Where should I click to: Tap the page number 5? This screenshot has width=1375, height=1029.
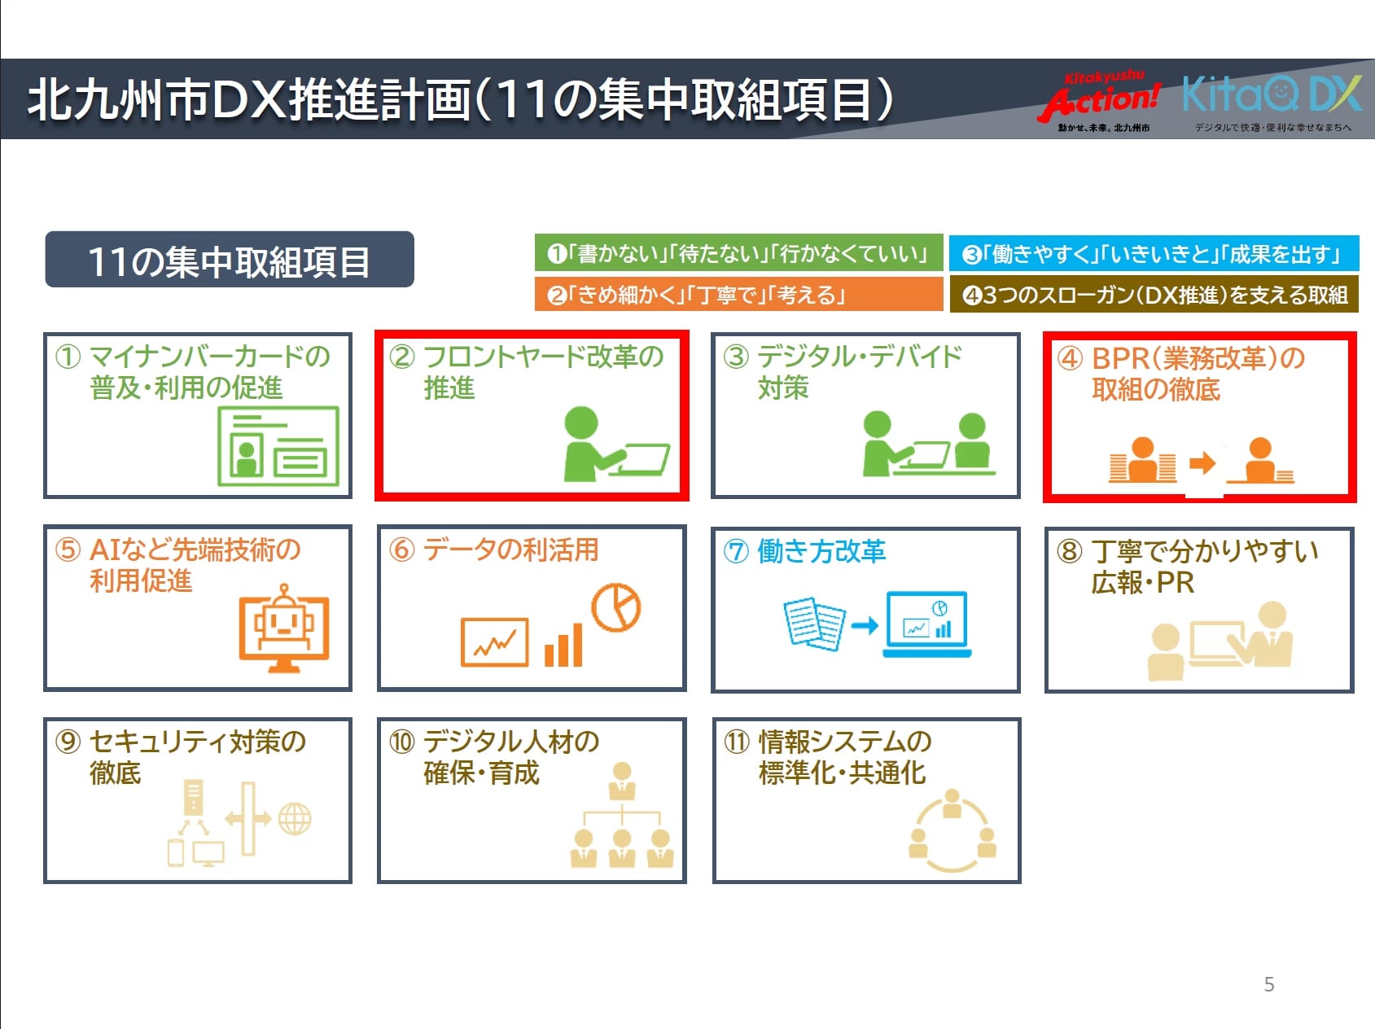pyautogui.click(x=1269, y=984)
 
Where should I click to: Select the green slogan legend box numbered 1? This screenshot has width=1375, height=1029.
pyautogui.click(x=738, y=253)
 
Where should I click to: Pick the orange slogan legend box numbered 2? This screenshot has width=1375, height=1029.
pyautogui.click(x=738, y=294)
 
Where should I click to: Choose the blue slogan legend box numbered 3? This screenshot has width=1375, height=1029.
pyautogui.click(x=1154, y=253)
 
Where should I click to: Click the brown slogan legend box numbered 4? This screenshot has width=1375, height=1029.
pyautogui.click(x=1154, y=294)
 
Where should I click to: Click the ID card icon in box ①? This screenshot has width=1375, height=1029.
pyautogui.click(x=278, y=446)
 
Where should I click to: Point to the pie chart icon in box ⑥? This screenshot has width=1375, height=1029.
pyautogui.click(x=616, y=607)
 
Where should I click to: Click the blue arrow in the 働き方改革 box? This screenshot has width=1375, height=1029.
pyautogui.click(x=865, y=625)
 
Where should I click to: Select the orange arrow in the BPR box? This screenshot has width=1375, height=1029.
pyautogui.click(x=1202, y=463)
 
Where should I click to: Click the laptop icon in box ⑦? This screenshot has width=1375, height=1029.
pyautogui.click(x=927, y=624)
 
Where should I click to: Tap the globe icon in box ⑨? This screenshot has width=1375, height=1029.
pyautogui.click(x=295, y=819)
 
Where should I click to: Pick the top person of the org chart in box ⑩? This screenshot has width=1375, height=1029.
pyautogui.click(x=623, y=782)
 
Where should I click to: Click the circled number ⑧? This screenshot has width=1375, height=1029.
pyautogui.click(x=1070, y=552)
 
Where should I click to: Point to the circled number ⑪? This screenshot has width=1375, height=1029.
pyautogui.click(x=736, y=742)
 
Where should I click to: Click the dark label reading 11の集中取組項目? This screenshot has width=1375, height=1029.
pyautogui.click(x=230, y=260)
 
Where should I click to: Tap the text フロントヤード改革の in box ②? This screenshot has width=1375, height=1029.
pyautogui.click(x=544, y=357)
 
